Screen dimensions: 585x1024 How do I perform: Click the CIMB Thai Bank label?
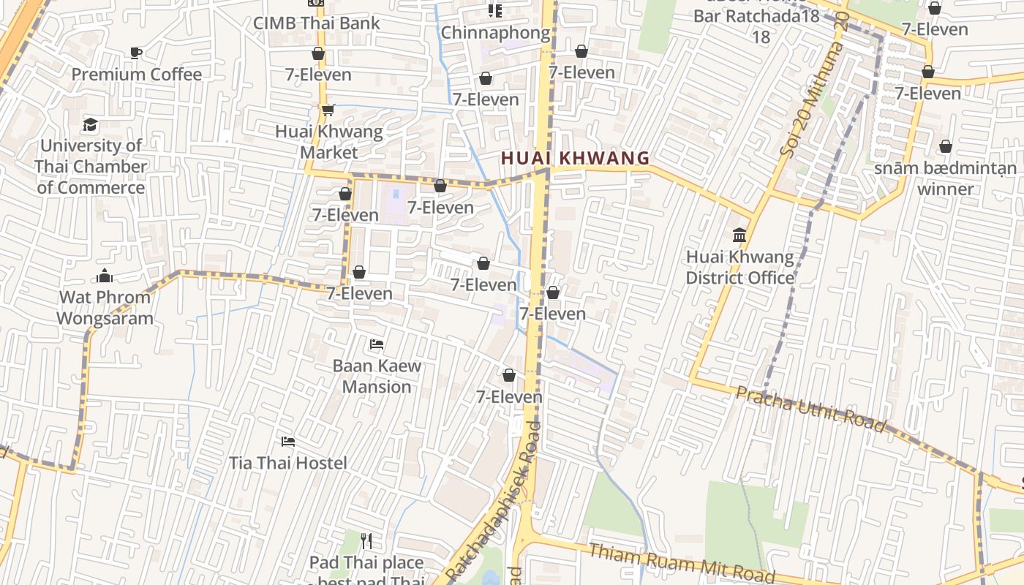click(317, 23)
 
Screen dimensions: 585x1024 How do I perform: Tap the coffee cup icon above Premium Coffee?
click(135, 53)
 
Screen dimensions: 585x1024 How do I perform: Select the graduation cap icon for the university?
click(90, 124)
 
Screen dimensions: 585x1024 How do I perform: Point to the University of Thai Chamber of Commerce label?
click(91, 167)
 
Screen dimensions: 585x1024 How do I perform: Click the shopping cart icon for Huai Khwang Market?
click(328, 110)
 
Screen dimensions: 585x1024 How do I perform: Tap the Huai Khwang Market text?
click(329, 142)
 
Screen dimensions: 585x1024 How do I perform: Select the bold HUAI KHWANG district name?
click(576, 158)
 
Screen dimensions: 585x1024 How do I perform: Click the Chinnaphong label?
click(495, 33)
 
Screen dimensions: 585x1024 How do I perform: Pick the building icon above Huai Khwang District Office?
click(739, 235)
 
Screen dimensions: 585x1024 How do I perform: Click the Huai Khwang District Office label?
click(739, 268)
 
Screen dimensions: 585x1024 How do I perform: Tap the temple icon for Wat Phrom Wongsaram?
click(105, 276)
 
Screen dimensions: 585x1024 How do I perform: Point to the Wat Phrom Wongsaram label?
click(105, 308)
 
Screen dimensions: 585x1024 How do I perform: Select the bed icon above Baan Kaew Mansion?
click(377, 344)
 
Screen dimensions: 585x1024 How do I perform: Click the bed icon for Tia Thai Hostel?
click(288, 441)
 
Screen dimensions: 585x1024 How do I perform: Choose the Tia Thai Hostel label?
click(288, 463)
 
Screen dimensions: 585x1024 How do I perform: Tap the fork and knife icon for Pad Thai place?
click(366, 541)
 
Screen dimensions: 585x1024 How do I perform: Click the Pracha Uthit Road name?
click(810, 409)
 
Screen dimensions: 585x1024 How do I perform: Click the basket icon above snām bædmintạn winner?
click(946, 146)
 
